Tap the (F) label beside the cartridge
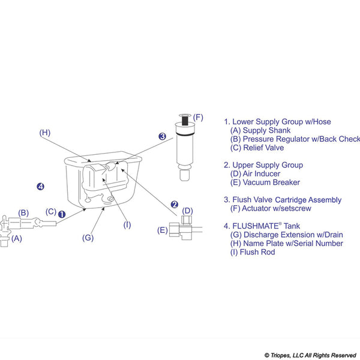[199, 118]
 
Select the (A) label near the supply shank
[16, 238]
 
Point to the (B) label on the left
[23, 212]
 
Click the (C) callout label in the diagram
[52, 211]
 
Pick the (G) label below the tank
[88, 237]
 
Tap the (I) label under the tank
[127, 225]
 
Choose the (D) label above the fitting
[187, 211]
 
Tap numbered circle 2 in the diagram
[174, 204]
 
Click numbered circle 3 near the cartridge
[162, 136]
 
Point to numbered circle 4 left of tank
[40, 187]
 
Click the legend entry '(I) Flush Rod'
[256, 252]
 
